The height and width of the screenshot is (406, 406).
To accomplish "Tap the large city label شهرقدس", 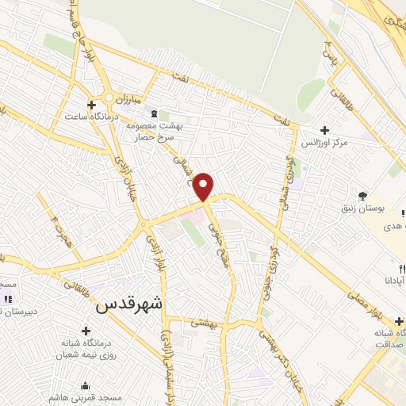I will pyautogui.click(x=133, y=304).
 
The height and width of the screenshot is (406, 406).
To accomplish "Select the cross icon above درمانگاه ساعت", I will pyautogui.click(x=92, y=104).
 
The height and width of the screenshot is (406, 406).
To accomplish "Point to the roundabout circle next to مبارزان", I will pyautogui.click(x=108, y=98).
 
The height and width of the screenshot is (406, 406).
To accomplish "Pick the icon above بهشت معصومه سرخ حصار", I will pyautogui.click(x=154, y=113).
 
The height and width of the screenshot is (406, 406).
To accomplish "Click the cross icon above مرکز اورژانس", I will pyautogui.click(x=324, y=130).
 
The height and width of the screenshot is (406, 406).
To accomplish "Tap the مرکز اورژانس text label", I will pyautogui.click(x=324, y=144).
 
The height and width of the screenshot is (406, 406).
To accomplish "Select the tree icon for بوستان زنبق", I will pyautogui.click(x=362, y=196).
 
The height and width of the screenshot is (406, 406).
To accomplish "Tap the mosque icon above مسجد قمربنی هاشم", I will pyautogui.click(x=86, y=385).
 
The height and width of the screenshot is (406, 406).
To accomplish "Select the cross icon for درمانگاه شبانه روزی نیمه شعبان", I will pyautogui.click(x=86, y=330).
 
